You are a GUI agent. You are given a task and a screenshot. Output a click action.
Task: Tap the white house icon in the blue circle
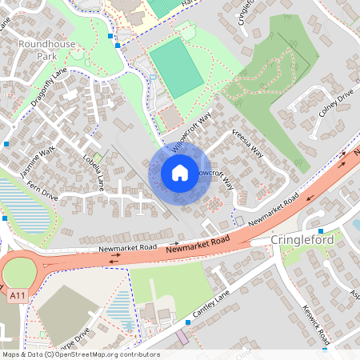pos(180,172)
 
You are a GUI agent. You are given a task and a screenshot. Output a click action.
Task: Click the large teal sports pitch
pos(176,66)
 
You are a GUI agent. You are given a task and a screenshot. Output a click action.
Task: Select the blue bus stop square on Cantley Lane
pos(188,322)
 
